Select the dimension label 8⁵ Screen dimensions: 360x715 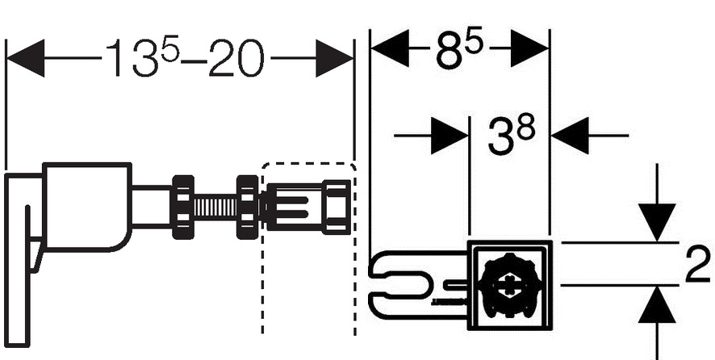pyautogui.click(x=460, y=51)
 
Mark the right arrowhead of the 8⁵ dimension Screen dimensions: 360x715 pyautogui.click(x=530, y=51)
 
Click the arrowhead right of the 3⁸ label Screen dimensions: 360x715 pyautogui.click(x=570, y=135)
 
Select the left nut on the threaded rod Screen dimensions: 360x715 pyautogui.click(x=182, y=206)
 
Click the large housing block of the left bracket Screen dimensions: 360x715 pyautogui.click(x=85, y=206)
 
